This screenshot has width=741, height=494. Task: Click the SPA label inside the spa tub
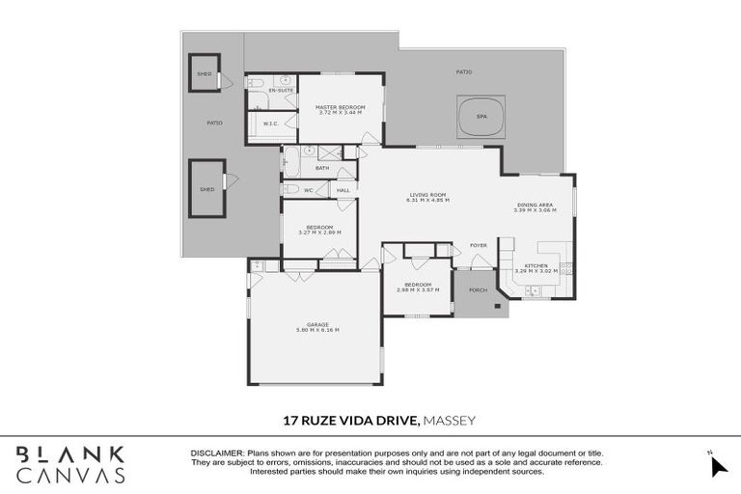pos(481,117)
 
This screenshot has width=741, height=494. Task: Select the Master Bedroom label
pos(340,107)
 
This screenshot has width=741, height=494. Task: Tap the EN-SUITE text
pos(281,91)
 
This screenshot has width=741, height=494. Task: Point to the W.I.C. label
pos(271,123)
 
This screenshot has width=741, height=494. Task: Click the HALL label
pos(343,190)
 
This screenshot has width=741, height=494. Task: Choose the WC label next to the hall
pos(309,190)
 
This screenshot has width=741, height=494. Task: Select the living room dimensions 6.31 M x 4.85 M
pos(429,200)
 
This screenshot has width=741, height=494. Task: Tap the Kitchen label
pos(535,266)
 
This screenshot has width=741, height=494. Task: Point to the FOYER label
pos(479,245)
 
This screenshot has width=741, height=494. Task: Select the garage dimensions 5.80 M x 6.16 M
pos(317,330)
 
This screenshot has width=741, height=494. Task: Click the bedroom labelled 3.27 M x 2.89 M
pos(319,233)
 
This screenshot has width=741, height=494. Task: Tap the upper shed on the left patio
pos(205,72)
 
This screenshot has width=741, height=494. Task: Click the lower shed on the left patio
pos(206,189)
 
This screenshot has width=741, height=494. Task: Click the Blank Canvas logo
pos(69,464)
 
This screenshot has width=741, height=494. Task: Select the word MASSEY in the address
pos(451,420)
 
